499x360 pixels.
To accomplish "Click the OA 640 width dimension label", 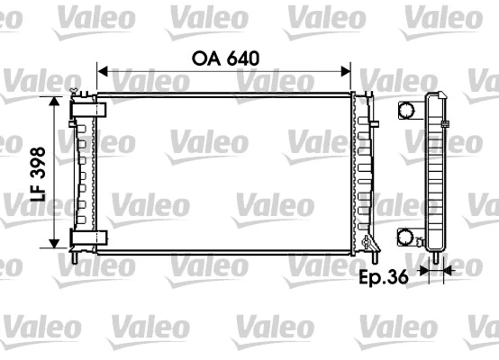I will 225,58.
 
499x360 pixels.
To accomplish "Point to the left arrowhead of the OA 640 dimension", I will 101,71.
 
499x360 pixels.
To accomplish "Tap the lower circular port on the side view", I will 407,238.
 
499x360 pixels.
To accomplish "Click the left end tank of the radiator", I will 85,171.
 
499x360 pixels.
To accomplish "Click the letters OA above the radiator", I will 203,58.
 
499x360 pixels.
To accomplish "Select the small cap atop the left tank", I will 77,92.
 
